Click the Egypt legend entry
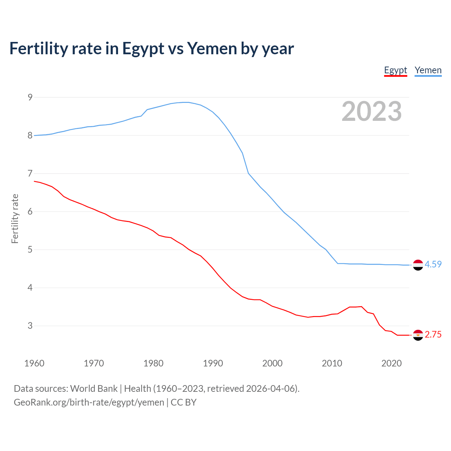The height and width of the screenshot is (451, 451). click(x=395, y=70)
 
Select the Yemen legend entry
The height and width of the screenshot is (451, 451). click(x=428, y=70)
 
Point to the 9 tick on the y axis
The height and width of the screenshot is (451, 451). click(x=30, y=97)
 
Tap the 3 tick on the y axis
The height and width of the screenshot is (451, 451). click(x=30, y=326)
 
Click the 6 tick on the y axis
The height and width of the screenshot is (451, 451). click(x=30, y=212)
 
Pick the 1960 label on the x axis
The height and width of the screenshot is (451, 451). click(x=34, y=363)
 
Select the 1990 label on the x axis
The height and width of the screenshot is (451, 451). click(x=213, y=363)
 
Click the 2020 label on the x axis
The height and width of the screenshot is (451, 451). click(x=391, y=363)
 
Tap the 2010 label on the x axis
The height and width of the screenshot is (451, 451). click(x=332, y=363)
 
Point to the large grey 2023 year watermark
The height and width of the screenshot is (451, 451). click(x=371, y=111)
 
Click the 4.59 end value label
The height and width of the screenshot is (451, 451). click(x=433, y=264)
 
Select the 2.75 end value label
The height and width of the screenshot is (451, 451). click(x=433, y=335)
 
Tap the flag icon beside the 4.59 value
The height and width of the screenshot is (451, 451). click(x=418, y=265)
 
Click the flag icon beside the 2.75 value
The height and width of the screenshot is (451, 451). click(x=418, y=335)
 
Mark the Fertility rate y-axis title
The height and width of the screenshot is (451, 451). click(x=15, y=218)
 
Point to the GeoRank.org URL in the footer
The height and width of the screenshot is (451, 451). click(x=89, y=402)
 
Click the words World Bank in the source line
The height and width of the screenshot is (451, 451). click(x=94, y=389)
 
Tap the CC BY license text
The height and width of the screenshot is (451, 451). click(x=184, y=402)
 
